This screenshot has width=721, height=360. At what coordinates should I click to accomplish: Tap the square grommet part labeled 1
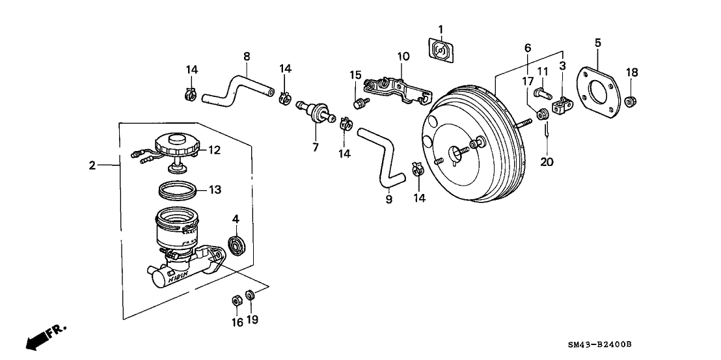coord(441,49)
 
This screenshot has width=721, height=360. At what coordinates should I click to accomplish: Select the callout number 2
coord(92,166)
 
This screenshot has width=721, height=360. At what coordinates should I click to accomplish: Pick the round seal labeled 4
coord(236,246)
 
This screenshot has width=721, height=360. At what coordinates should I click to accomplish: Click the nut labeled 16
coord(238,301)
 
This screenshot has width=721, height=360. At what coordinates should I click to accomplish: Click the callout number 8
coord(247,57)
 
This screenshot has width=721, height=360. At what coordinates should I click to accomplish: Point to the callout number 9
coord(389,200)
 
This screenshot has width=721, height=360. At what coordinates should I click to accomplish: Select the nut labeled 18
coord(630,102)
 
